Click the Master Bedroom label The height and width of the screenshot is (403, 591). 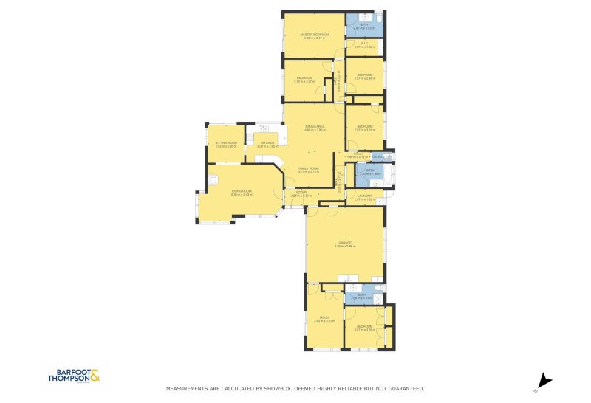click(314, 34)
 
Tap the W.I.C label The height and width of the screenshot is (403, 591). click(365, 44)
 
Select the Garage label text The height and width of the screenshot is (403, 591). click(344, 242)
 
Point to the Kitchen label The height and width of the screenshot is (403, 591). click(267, 142)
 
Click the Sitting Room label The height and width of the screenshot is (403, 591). click(226, 142)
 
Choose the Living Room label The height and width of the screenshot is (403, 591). click(242, 191)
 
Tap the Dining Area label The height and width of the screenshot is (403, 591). click(315, 127)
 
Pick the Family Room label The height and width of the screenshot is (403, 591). click(308, 169)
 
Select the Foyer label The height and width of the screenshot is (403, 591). click(301, 192)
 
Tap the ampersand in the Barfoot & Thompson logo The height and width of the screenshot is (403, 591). click(95, 376)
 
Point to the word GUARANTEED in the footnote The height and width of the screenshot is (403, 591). click(406, 388)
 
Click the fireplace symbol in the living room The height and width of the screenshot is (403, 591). click(213, 179)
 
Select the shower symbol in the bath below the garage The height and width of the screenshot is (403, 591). click(378, 298)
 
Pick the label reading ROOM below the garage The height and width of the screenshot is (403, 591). click(324, 317)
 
